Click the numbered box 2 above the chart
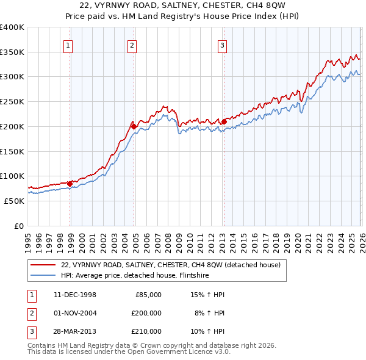[x=132, y=45]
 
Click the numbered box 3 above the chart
[x=222, y=45]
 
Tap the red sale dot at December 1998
[x=70, y=183]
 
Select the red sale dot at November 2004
[x=134, y=126]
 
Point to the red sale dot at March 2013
[x=224, y=121]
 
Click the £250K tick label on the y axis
[x=12, y=101]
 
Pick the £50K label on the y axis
[x=15, y=201]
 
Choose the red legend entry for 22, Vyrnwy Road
[x=170, y=265]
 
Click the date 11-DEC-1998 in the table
[x=74, y=295]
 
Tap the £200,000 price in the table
[x=146, y=313]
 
